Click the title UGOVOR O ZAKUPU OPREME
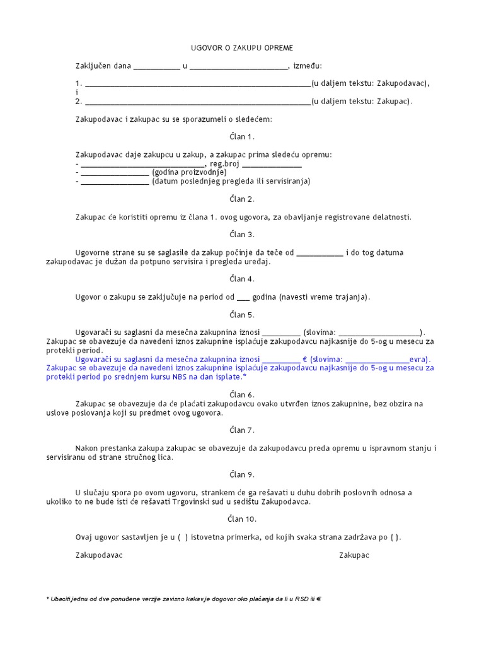point(242,48)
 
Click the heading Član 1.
point(242,137)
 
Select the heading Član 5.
point(242,315)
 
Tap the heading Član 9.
point(242,475)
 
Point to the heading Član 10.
point(242,519)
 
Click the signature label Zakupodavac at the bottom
point(99,555)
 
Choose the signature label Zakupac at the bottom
point(354,555)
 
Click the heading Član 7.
point(242,430)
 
